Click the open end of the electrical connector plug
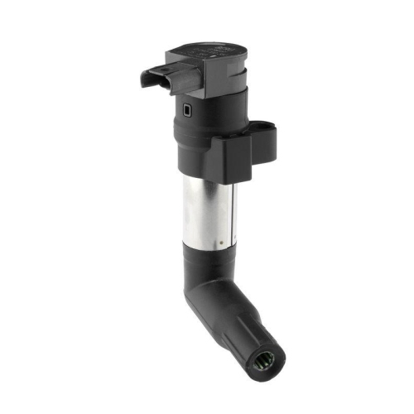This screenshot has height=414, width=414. click(148, 80)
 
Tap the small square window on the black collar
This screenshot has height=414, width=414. click(185, 109)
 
